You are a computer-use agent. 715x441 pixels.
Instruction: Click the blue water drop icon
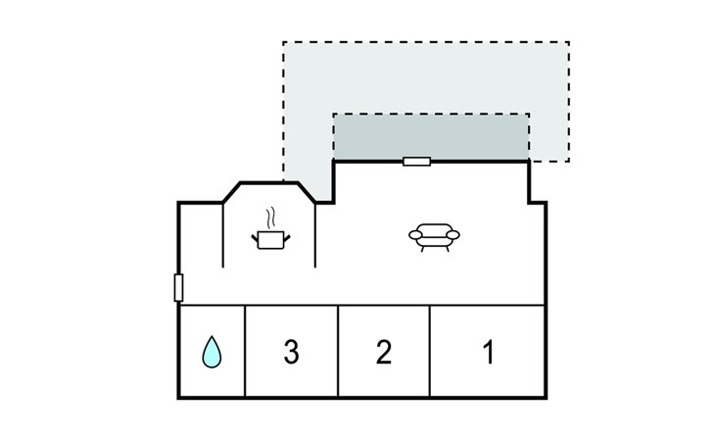click(212, 352)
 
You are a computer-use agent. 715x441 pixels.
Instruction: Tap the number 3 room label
click(291, 352)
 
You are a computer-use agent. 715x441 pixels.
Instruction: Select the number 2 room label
click(384, 352)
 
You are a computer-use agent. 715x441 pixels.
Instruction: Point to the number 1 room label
click(489, 352)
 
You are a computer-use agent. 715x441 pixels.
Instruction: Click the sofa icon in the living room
click(434, 237)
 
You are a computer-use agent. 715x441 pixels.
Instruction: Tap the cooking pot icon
click(271, 240)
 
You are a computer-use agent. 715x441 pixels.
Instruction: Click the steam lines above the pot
click(271, 218)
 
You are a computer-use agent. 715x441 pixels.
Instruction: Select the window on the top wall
click(417, 162)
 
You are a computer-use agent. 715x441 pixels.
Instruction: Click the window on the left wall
click(178, 288)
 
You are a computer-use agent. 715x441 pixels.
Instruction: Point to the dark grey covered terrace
click(431, 137)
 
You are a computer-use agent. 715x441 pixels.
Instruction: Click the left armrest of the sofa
click(415, 235)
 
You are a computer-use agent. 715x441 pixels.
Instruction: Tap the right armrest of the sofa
click(453, 235)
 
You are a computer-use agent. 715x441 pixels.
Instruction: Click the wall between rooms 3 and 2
click(338, 351)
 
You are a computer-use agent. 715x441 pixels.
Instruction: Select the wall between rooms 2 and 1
click(430, 351)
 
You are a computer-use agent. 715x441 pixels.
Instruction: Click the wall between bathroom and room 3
click(245, 351)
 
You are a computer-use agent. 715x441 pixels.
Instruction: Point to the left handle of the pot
click(255, 237)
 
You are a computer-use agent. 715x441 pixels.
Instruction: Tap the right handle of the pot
click(287, 237)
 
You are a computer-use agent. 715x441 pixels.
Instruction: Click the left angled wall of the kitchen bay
click(232, 192)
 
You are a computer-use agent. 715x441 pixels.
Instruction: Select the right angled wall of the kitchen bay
click(307, 192)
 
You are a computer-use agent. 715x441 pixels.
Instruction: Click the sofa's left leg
click(422, 249)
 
